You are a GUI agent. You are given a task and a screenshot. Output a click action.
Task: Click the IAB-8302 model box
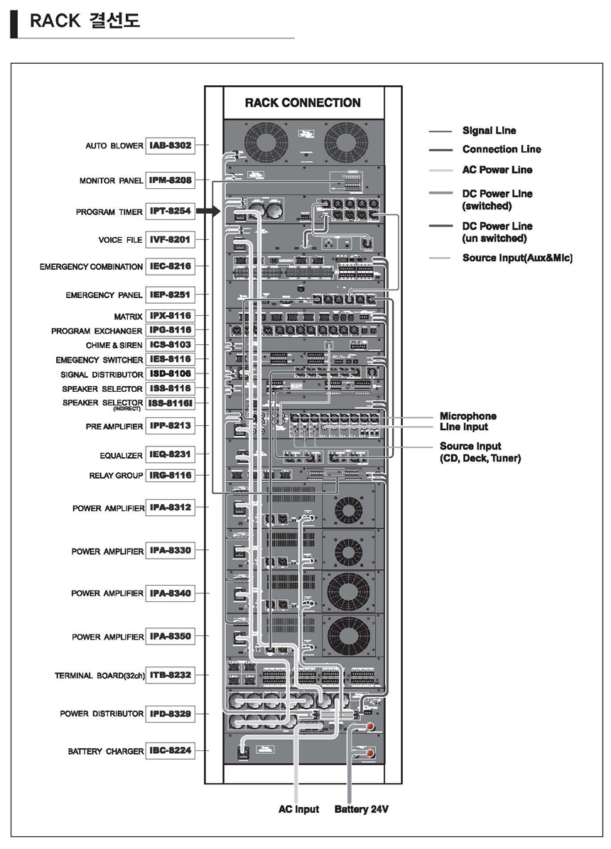click(x=170, y=145)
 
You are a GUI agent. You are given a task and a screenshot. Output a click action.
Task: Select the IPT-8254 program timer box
click(x=170, y=212)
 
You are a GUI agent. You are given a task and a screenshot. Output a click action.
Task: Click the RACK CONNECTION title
click(x=303, y=102)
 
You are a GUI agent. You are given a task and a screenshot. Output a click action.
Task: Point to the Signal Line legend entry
click(x=489, y=131)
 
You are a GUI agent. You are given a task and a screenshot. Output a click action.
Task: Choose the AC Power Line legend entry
click(x=497, y=170)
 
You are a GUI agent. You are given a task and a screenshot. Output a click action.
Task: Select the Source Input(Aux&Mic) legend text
click(x=517, y=258)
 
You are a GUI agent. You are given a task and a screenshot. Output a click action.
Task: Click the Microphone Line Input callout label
click(x=467, y=421)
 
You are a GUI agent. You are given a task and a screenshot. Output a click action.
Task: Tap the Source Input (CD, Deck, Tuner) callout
click(x=480, y=452)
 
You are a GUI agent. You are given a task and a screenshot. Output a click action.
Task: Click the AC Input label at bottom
click(x=298, y=809)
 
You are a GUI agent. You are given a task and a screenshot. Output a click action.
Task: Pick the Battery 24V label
click(x=361, y=809)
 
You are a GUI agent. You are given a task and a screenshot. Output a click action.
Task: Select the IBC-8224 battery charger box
click(x=170, y=750)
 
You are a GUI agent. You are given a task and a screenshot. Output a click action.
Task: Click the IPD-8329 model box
click(x=170, y=713)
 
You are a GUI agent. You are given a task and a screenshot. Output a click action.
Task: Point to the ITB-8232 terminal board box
click(x=170, y=675)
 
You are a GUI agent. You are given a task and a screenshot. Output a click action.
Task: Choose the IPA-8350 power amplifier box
click(x=170, y=636)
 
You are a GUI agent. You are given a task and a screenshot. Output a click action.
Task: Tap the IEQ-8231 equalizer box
click(x=170, y=454)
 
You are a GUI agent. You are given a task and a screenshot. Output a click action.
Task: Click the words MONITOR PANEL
click(x=111, y=181)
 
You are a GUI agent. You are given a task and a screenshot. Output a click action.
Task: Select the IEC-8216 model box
click(x=170, y=266)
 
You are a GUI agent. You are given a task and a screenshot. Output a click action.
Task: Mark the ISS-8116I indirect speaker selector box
click(x=170, y=403)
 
